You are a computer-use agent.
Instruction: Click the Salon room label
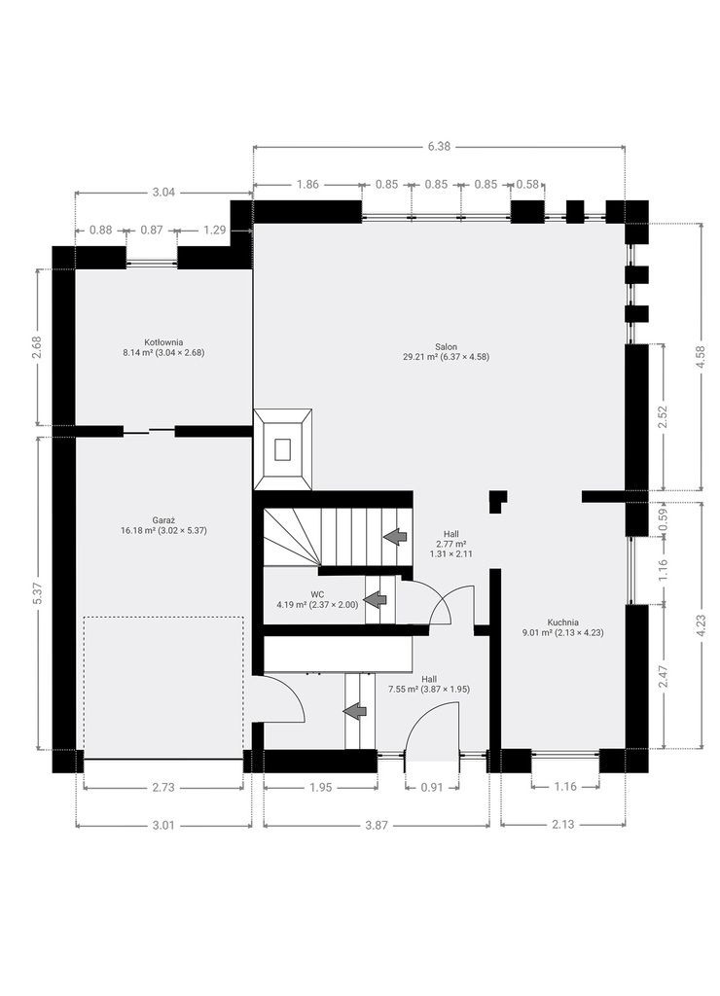click(x=446, y=352)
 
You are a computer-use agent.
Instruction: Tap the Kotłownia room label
click(x=163, y=347)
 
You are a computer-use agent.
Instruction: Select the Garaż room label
click(x=163, y=524)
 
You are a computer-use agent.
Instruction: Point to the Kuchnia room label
click(x=562, y=627)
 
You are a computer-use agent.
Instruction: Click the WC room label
click(x=317, y=599)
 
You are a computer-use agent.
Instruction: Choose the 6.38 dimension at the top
click(x=439, y=146)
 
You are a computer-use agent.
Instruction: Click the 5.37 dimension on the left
click(x=38, y=593)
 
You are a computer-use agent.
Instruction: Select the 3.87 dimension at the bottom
click(x=377, y=825)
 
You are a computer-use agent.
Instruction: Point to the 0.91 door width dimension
click(x=431, y=787)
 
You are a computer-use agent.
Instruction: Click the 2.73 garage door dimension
click(x=163, y=787)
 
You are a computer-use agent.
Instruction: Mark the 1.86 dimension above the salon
click(x=307, y=184)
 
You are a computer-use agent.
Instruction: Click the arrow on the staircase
click(x=395, y=537)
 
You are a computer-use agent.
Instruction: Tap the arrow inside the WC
click(x=375, y=599)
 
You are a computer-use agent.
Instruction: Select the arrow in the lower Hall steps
click(x=355, y=711)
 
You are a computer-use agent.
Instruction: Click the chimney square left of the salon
click(x=283, y=449)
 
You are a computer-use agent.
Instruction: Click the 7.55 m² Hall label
click(x=429, y=684)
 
